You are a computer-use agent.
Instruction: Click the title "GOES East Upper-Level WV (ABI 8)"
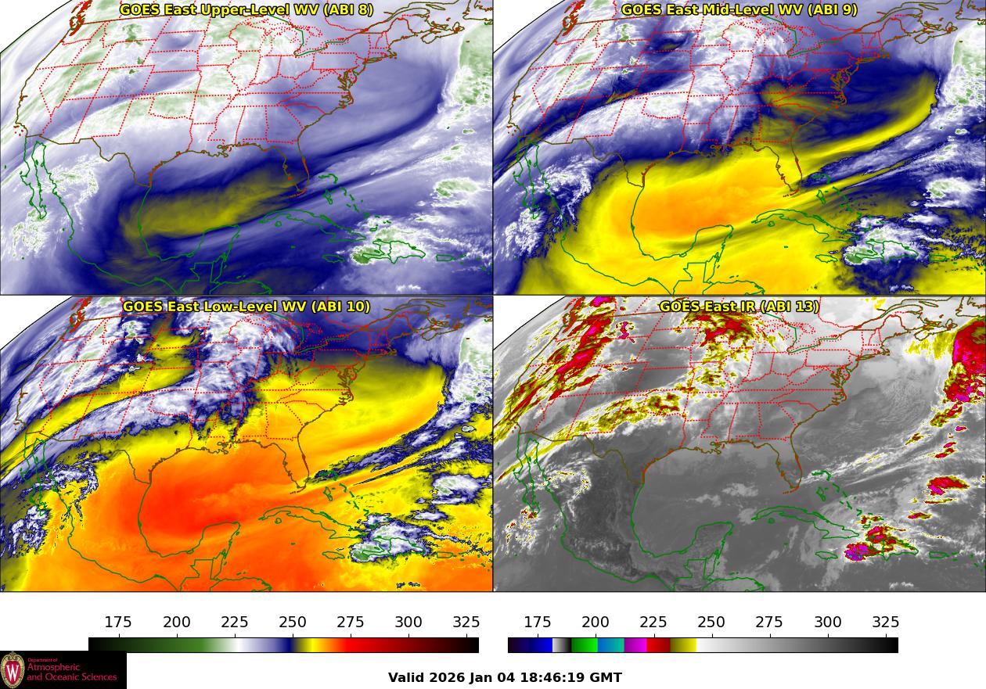[246, 10]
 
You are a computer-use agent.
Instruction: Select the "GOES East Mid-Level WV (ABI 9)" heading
[739, 10]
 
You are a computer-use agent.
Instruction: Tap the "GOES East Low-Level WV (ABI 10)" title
[246, 307]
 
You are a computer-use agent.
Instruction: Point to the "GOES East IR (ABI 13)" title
[739, 307]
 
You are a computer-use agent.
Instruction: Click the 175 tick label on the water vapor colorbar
[118, 623]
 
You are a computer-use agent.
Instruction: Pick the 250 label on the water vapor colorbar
[293, 623]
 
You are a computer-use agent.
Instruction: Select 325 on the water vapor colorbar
[466, 623]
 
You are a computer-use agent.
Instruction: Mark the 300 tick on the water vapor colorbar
[408, 623]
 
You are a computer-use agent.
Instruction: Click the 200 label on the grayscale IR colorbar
[596, 623]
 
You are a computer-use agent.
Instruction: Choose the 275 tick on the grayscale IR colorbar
[769, 623]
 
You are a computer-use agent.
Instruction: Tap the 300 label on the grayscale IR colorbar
[828, 623]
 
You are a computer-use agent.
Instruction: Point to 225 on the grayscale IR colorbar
[653, 623]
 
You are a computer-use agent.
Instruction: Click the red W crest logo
[13, 670]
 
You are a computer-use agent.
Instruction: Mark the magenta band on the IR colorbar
[635, 645]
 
